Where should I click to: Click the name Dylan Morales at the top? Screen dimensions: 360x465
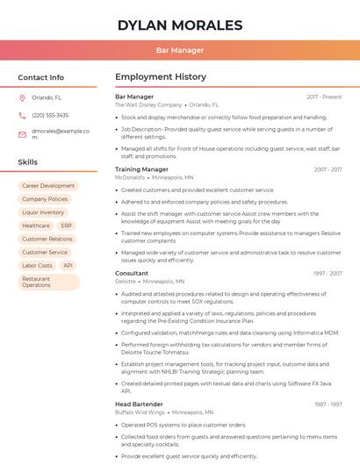point(179,25)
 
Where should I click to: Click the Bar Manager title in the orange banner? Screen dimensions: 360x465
point(179,50)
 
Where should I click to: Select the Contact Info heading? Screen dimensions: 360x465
point(40,77)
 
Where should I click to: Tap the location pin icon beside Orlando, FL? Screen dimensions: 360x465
point(22,98)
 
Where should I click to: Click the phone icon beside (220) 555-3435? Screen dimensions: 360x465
point(22,116)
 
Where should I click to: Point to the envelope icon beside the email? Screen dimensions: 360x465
point(22,133)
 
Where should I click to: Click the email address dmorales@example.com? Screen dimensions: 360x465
point(61,133)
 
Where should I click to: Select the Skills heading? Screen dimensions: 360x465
point(28,162)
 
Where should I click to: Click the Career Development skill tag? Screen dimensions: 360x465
point(48,186)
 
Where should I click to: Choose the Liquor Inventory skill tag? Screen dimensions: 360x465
point(43,212)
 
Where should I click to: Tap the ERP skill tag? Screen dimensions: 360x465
point(67,225)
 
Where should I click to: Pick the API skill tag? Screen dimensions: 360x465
point(68,265)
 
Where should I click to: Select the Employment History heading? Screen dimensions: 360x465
point(161,77)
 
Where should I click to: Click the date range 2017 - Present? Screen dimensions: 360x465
point(324,97)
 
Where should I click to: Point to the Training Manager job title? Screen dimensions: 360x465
point(141,169)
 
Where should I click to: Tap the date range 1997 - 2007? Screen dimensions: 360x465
point(328,274)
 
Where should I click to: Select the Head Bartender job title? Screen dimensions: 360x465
point(138,404)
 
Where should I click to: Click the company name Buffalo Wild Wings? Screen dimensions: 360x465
point(140,411)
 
